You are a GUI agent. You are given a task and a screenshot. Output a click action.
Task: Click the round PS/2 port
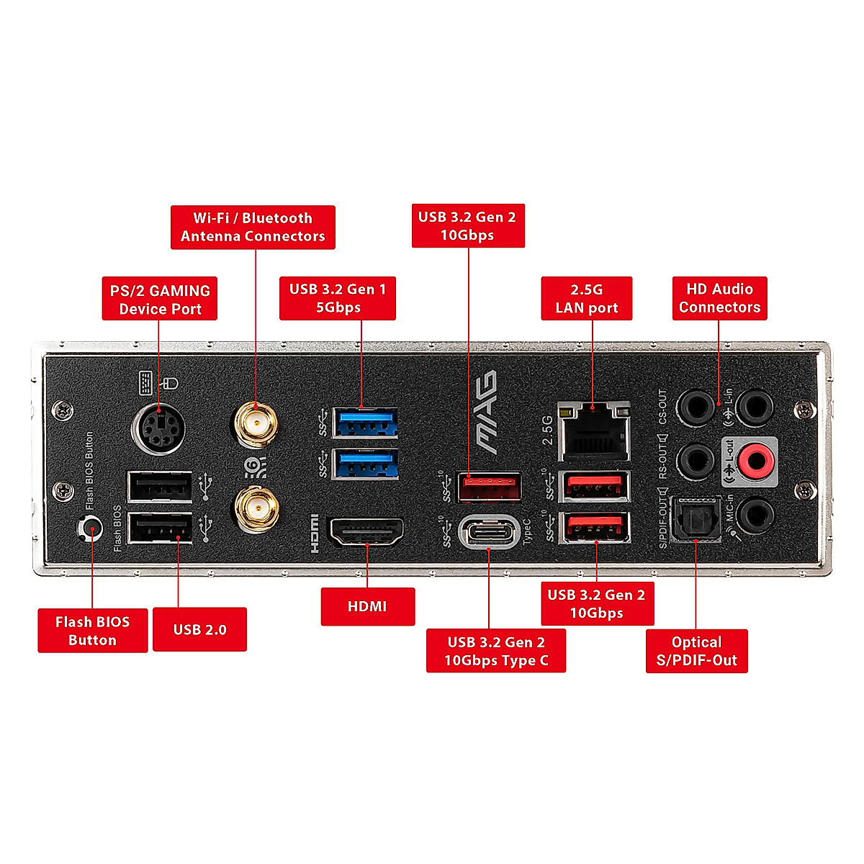tap(158, 430)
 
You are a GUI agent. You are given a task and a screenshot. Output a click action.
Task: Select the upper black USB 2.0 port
tap(160, 487)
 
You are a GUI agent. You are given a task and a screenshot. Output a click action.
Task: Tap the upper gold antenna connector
tap(256, 426)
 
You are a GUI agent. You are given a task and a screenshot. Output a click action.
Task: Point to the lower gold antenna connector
tap(256, 509)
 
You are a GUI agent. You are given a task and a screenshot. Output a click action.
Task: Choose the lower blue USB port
tap(366, 464)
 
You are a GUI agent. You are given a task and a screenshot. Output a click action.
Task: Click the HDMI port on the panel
tap(366, 532)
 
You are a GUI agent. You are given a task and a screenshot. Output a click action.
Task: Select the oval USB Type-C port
tap(489, 533)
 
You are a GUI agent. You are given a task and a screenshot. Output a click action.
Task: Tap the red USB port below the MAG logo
tap(490, 487)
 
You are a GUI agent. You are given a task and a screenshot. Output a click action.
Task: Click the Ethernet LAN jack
tap(595, 431)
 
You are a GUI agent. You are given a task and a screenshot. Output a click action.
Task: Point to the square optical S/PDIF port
tap(696, 518)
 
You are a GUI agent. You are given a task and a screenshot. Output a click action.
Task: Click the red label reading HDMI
tap(367, 606)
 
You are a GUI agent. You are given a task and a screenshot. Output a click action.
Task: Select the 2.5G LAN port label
tap(586, 298)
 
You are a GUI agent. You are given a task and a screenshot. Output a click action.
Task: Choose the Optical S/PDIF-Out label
tap(696, 651)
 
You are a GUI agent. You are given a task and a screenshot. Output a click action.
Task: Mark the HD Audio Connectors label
tap(719, 298)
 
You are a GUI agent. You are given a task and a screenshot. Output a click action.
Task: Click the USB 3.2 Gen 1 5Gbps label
tap(337, 298)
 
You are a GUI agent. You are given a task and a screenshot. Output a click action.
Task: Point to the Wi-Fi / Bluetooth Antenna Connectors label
tap(253, 227)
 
